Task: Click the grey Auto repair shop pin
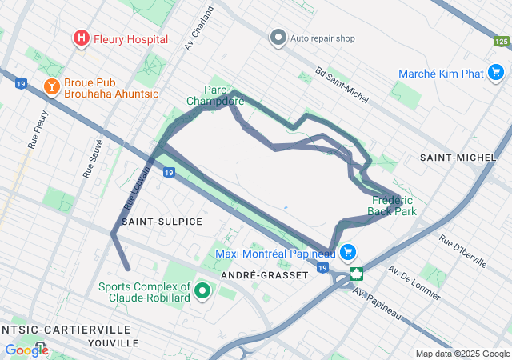tap(278, 38)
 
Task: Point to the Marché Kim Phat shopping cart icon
tap(497, 74)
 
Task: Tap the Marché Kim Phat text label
tap(442, 74)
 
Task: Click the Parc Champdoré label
tap(215, 96)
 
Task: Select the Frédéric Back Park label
tap(392, 206)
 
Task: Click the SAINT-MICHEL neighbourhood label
tap(458, 158)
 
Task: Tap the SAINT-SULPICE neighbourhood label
tap(162, 221)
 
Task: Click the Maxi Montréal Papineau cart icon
tap(348, 253)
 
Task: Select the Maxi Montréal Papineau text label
tap(275, 254)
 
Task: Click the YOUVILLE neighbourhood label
tap(113, 342)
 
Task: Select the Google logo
tap(26, 350)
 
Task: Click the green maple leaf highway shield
tap(355, 273)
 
